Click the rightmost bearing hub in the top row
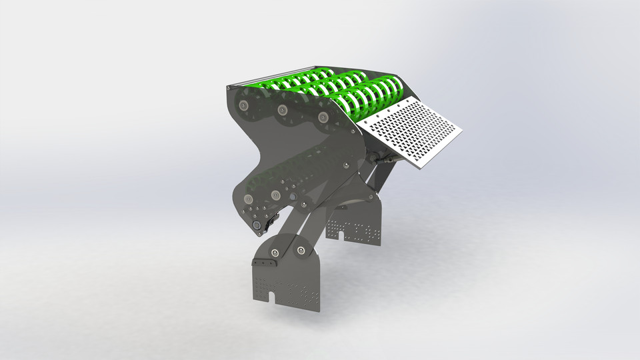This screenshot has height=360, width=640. tap(323, 118)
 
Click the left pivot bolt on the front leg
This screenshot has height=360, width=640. tap(274, 251)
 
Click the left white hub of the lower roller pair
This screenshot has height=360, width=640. tap(248, 198)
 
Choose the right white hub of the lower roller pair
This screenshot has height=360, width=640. tap(275, 195)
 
